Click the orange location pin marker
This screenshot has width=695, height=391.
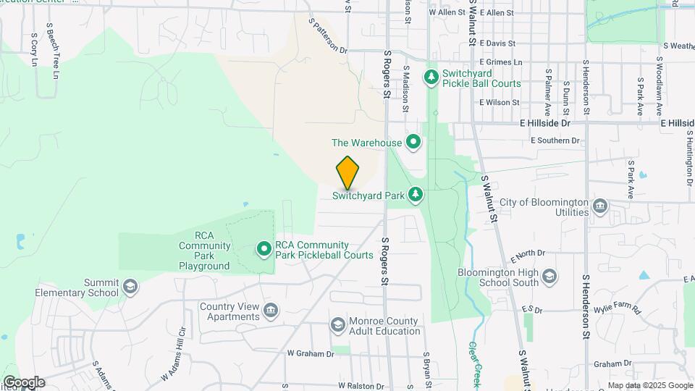click(348, 172)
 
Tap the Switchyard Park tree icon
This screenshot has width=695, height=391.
click(416, 194)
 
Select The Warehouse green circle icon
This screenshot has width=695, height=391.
click(413, 142)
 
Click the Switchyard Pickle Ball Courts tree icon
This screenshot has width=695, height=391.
click(431, 76)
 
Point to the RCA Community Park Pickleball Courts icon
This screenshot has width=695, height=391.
click(264, 250)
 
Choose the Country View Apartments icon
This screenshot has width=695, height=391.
click(271, 311)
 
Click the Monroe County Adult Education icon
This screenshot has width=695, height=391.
click(337, 325)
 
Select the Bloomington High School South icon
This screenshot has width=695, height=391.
click(549, 277)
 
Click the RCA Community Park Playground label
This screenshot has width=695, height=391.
click(204, 251)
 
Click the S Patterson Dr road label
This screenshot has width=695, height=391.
click(328, 36)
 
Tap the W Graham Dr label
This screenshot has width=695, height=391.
click(311, 354)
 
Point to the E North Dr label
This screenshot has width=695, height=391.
click(527, 256)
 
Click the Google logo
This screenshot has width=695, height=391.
click(23, 382)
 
